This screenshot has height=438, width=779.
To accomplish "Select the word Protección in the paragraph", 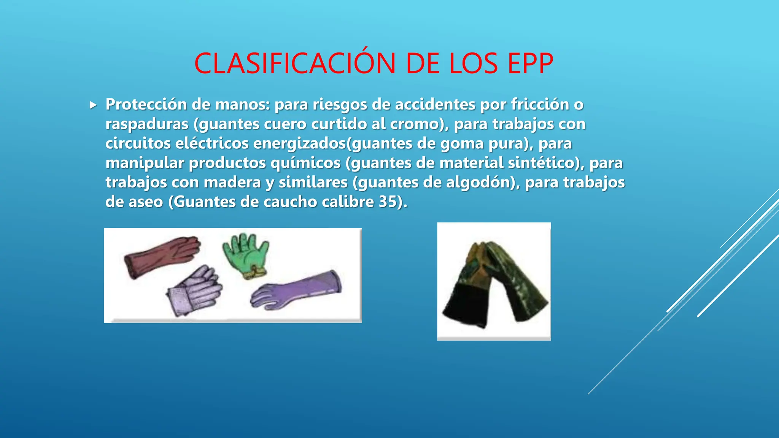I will (146, 104).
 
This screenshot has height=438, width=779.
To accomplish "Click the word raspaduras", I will (147, 124).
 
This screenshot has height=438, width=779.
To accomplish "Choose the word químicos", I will (305, 163).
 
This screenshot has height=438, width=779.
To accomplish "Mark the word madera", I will (232, 182).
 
